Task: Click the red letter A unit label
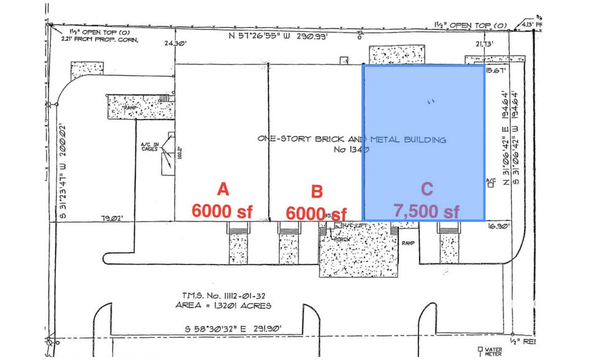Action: click(x=223, y=189)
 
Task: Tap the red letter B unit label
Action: click(x=317, y=192)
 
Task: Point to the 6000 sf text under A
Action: click(x=222, y=211)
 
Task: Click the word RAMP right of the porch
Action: click(x=409, y=242)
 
